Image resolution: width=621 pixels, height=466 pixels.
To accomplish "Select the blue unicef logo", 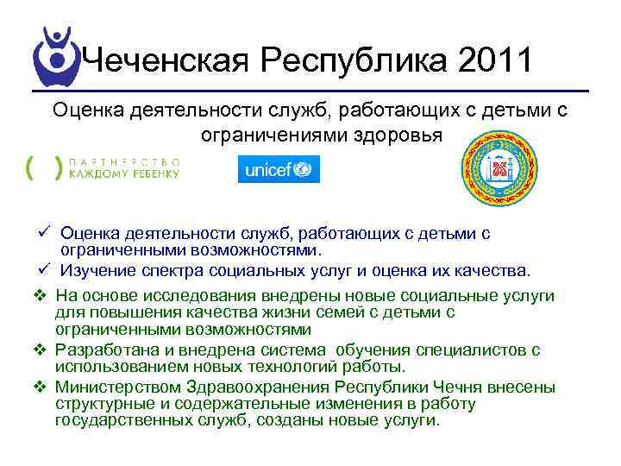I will pos(278,168).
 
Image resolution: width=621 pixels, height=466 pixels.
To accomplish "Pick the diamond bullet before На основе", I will pos(43,296).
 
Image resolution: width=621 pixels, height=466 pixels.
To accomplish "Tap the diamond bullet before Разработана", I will pos(43,349).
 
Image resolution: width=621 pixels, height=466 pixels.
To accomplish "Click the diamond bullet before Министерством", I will pos(43,386).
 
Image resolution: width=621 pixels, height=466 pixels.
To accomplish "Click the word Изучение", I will pos(96,270).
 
